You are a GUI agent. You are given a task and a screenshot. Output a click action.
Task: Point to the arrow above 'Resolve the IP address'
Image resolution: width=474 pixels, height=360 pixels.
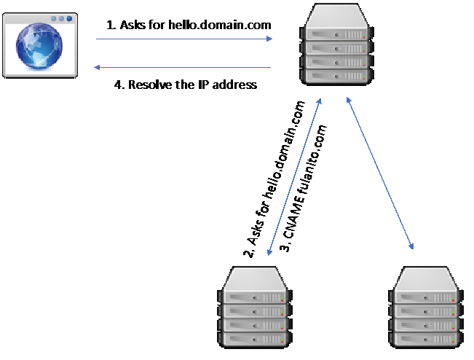tap(182, 68)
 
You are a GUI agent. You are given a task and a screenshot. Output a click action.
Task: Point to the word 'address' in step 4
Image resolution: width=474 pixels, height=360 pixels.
tap(236, 85)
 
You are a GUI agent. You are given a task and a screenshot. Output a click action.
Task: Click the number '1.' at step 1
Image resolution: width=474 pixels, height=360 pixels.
tap(111, 25)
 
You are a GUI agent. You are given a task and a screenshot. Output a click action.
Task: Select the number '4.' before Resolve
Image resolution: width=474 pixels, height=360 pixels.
tap(120, 85)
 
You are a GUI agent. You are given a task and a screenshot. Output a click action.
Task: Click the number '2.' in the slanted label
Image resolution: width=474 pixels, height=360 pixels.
tap(248, 252)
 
